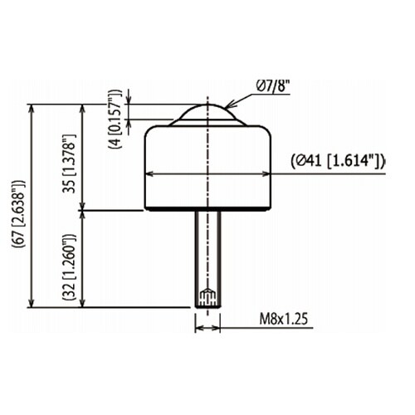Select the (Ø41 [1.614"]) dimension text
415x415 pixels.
(x=338, y=161)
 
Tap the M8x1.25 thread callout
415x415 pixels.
(x=284, y=319)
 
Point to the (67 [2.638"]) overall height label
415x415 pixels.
(x=19, y=213)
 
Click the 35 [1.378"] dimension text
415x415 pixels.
(x=69, y=164)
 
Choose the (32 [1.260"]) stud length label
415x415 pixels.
(x=69, y=267)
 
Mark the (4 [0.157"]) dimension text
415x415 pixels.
(x=115, y=119)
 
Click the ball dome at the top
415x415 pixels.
(x=207, y=112)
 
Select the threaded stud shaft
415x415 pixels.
(x=207, y=259)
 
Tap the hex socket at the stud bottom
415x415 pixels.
(x=207, y=297)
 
